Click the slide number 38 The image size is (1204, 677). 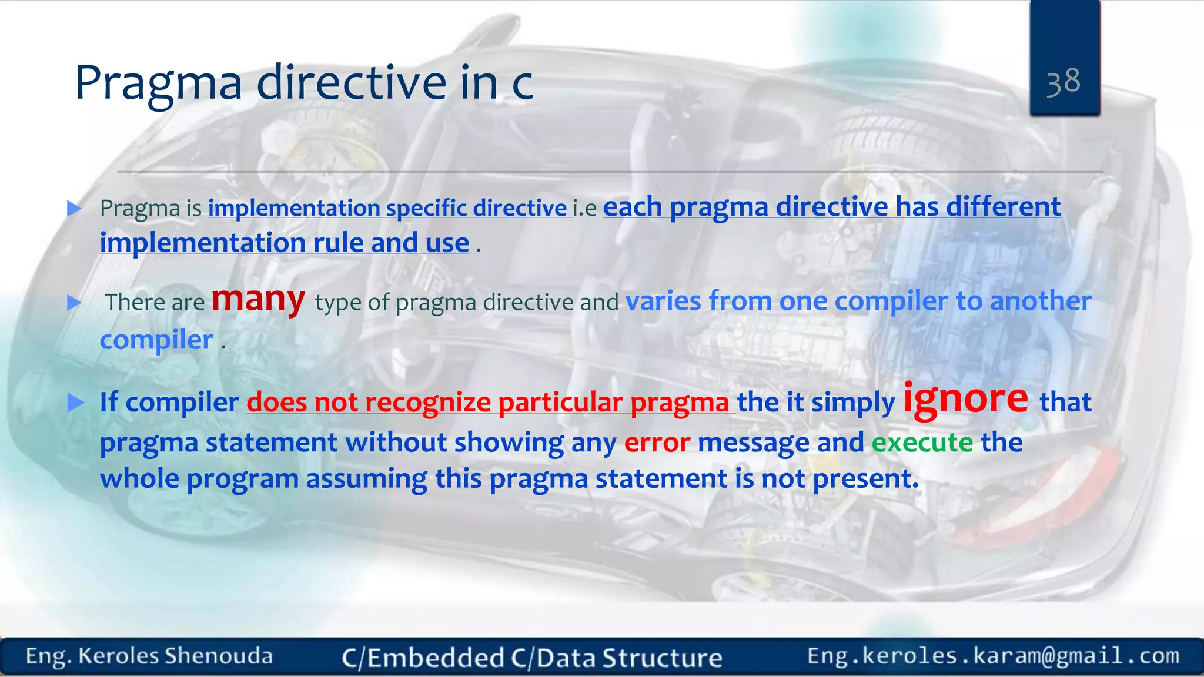click(1063, 82)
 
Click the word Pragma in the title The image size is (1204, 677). click(158, 83)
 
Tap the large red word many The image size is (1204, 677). click(258, 299)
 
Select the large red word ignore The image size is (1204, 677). click(966, 399)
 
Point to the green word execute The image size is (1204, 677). click(922, 443)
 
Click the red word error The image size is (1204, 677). click(657, 443)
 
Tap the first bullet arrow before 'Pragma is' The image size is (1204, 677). click(74, 208)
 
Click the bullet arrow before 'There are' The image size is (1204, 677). click(74, 303)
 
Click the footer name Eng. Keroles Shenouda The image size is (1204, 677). click(149, 656)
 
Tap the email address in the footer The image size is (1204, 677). click(993, 655)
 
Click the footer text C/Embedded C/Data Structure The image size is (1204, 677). click(532, 658)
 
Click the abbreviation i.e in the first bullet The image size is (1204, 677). click(585, 208)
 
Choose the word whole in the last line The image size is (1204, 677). click(139, 479)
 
